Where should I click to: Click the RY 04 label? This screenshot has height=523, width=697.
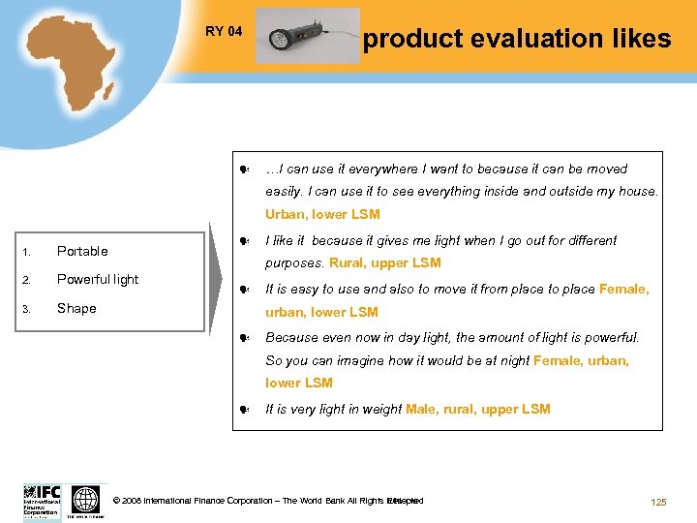[x=224, y=32]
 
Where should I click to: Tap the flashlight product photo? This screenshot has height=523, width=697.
[x=306, y=37]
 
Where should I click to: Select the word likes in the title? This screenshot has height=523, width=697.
[x=636, y=39]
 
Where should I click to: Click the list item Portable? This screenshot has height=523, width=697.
[x=82, y=251]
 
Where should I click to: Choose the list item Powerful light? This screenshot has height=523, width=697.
[x=98, y=279]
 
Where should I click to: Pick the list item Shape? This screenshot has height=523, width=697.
[x=76, y=308]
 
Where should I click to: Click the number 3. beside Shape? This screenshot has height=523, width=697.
[x=27, y=309]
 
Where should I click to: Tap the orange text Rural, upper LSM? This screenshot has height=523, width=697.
[x=385, y=262]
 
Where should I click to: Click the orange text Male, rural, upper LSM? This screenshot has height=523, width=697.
[x=478, y=409]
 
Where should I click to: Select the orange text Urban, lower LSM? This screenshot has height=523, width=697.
[x=322, y=214]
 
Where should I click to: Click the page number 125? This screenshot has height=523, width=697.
[x=658, y=502]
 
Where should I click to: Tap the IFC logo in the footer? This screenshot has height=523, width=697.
[x=42, y=501]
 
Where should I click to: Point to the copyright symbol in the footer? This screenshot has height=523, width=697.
[x=117, y=501]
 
